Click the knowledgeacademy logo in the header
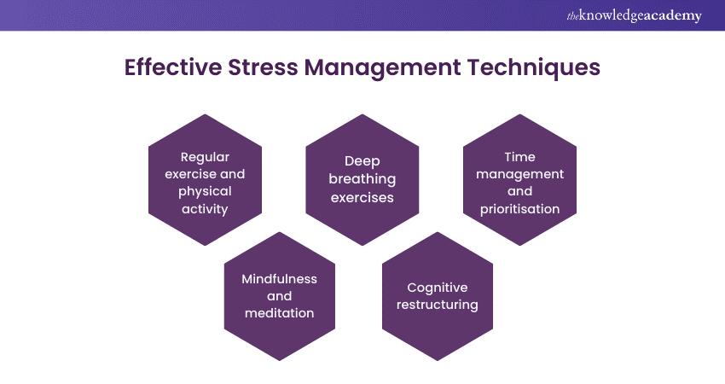pos(634,15)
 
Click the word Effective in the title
pos(173,67)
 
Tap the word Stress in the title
pos(263,67)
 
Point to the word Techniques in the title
pos(534,68)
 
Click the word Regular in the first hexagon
pos(205,158)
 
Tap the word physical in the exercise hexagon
pos(205,192)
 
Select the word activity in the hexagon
pos(205,209)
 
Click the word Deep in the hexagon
pos(362,162)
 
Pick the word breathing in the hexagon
pos(362,179)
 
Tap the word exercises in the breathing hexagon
pos(362,198)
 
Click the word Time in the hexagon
pos(519,157)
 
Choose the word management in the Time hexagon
pos(519,175)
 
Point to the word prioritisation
pos(519,209)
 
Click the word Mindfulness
pos(279,278)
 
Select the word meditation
pos(279,313)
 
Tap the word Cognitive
pos(438,288)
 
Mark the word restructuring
pos(438,305)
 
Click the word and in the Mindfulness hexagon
pos(279,296)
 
